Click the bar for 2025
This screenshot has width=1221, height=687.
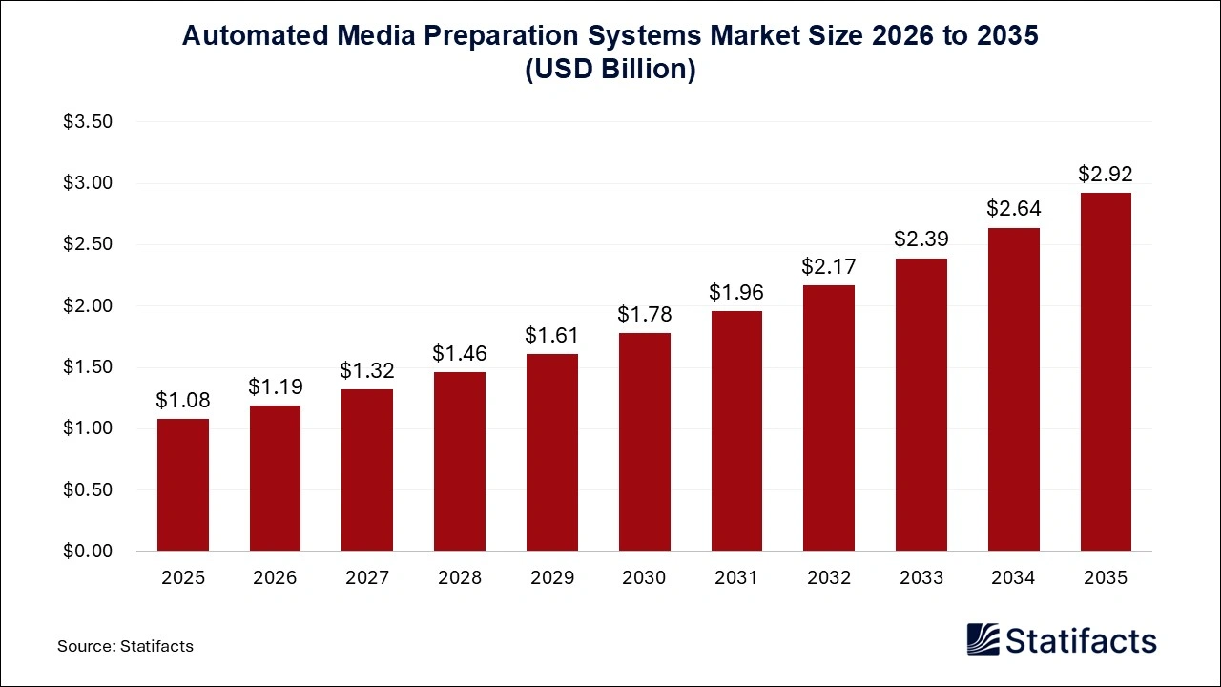183,485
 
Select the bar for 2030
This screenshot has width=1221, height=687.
644,442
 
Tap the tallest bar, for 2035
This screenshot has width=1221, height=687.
1106,372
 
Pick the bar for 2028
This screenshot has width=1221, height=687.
460,462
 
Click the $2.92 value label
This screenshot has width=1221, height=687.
1106,174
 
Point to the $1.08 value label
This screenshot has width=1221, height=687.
183,400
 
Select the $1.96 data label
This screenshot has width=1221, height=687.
736,292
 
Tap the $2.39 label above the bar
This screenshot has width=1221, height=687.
921,239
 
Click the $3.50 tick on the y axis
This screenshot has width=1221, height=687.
88,122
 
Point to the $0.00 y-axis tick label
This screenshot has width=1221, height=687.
88,552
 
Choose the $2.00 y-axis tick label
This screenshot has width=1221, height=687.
88,306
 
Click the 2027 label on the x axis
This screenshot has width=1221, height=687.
367,578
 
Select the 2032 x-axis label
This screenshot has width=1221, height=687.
828,578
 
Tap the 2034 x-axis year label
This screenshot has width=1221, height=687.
1013,578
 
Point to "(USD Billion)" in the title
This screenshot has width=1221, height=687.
610,71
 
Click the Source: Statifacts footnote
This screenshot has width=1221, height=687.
125,646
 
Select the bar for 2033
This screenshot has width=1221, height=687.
921,405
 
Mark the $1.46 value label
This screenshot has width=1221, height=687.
460,353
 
